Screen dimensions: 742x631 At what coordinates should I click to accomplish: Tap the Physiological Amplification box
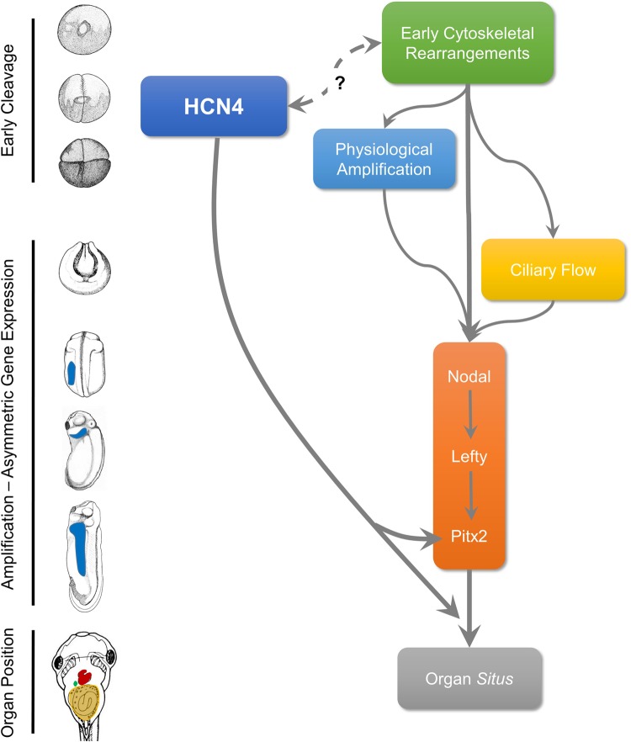(384, 159)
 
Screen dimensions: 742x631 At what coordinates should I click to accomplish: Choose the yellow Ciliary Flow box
(553, 270)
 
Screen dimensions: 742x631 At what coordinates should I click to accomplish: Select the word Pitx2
(469, 533)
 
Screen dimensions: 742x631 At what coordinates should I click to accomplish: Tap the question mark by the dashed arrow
(341, 84)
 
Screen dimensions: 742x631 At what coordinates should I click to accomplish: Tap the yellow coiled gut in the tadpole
(85, 705)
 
